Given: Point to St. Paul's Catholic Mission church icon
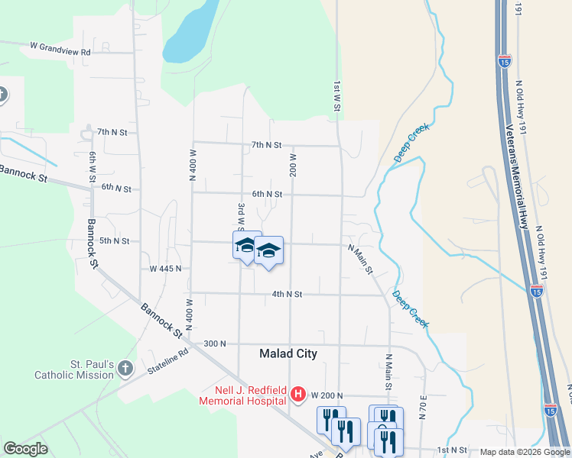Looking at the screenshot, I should [x=126, y=369].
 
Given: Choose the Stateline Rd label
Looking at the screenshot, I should [x=173, y=356].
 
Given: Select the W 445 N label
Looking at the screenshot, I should [x=166, y=269].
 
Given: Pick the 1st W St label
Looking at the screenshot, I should [x=336, y=98].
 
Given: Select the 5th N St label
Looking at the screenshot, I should [x=115, y=241].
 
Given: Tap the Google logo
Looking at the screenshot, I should [x=25, y=449].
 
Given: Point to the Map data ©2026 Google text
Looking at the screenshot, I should [x=524, y=452].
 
